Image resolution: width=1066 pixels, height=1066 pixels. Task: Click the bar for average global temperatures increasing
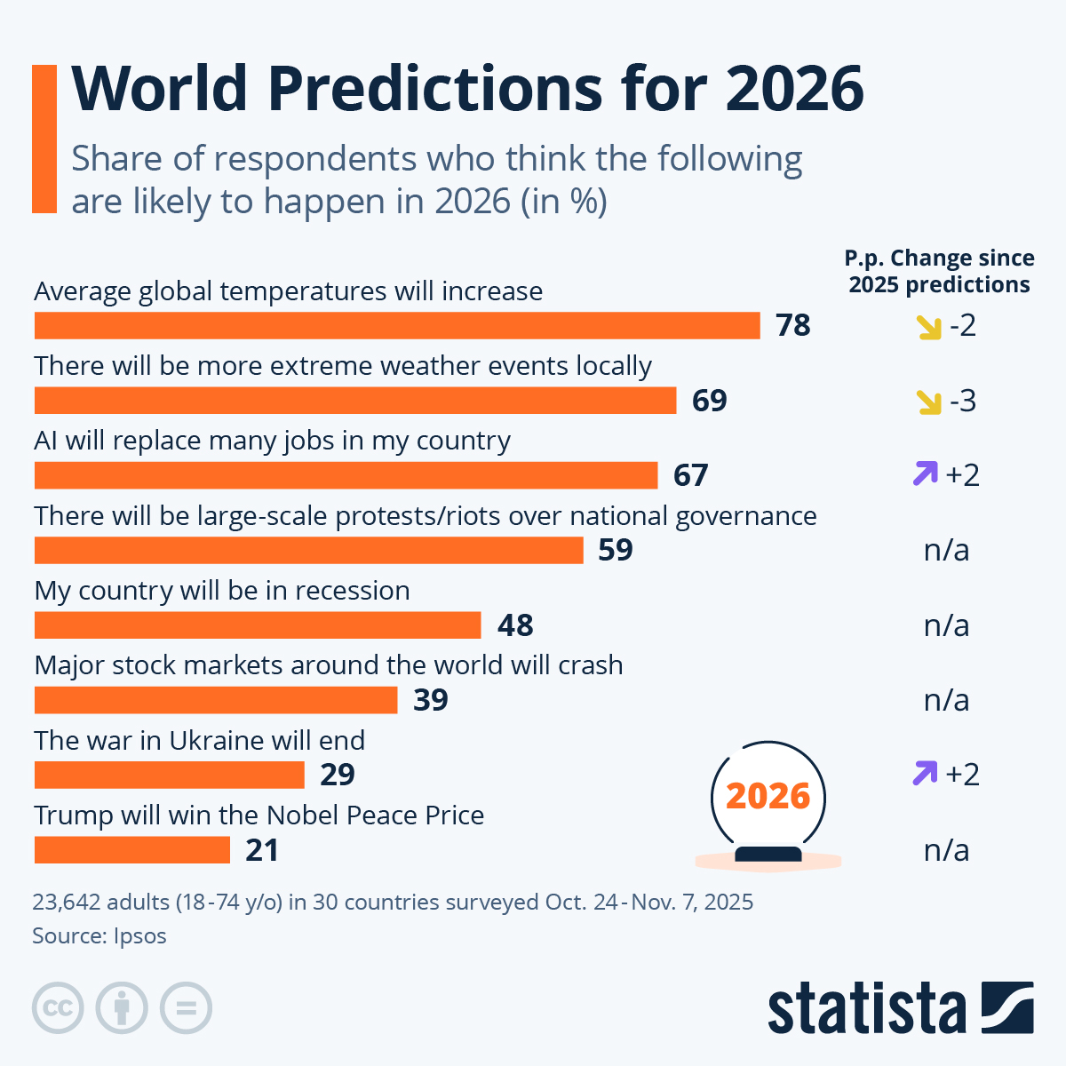click(397, 325)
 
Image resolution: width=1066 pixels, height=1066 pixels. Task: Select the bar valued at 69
click(355, 401)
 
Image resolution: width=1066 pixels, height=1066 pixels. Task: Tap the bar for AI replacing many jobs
click(346, 475)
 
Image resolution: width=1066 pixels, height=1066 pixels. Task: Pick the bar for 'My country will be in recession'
click(258, 625)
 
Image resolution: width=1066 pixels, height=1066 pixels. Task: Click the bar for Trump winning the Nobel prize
click(132, 850)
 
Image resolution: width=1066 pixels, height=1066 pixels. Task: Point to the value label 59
click(615, 550)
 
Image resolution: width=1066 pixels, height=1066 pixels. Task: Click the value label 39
click(431, 700)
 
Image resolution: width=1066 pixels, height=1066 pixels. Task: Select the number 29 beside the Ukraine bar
click(338, 775)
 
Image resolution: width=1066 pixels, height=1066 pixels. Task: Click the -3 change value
click(962, 401)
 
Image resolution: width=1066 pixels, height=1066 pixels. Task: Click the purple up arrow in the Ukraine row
click(925, 774)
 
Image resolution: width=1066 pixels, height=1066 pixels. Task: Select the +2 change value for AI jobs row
click(962, 475)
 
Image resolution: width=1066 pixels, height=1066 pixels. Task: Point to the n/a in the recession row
click(946, 625)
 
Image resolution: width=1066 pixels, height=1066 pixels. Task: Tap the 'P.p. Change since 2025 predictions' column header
click(939, 271)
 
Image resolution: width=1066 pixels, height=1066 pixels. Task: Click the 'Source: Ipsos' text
click(99, 935)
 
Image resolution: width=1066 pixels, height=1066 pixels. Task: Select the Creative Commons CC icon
click(58, 1008)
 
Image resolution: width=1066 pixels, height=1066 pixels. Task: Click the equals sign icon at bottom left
click(186, 1008)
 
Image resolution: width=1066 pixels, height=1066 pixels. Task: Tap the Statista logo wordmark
click(866, 1008)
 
